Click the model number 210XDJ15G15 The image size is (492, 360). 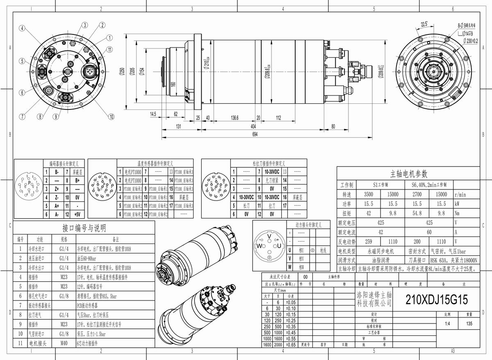[436, 300]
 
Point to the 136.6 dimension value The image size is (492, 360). [234, 118]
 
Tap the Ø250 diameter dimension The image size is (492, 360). [122, 72]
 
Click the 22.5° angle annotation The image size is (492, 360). [424, 23]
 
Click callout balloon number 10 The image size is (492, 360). [111, 117]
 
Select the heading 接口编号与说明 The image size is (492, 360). [84, 228]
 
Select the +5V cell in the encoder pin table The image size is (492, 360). [77, 214]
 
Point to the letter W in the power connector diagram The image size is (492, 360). [260, 246]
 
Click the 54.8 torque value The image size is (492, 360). [416, 213]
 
